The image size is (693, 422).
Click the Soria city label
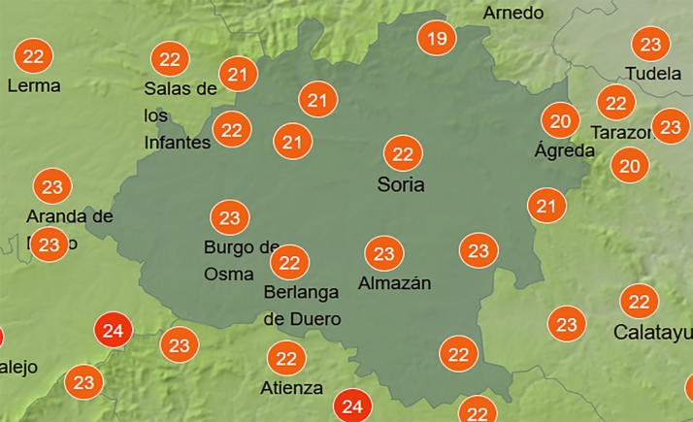(401, 183)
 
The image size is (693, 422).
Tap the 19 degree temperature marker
(437, 40)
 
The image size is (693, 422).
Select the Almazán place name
(394, 283)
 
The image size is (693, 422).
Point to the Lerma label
(33, 85)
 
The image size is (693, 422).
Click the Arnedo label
(513, 13)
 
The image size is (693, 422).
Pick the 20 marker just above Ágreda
(560, 121)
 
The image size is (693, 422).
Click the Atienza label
(292, 388)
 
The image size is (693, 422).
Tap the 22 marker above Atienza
(286, 359)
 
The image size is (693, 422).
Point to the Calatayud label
(653, 333)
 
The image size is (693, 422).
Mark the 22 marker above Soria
(403, 153)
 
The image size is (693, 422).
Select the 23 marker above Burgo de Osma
(230, 217)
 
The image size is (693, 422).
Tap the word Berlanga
(303, 292)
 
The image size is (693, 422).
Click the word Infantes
(177, 143)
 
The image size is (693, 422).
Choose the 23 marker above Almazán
(384, 254)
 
